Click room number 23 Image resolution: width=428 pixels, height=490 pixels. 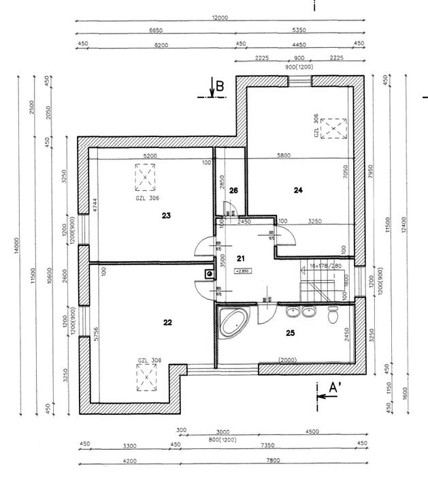166,215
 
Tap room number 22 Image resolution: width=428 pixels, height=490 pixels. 167,322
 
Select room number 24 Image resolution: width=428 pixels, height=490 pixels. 297,190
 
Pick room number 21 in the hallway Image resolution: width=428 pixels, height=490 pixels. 240,258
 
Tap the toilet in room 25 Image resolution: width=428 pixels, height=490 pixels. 333,316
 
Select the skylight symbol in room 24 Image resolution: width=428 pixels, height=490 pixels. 333,127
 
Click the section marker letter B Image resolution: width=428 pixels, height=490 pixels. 220,87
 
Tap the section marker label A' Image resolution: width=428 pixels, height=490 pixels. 335,388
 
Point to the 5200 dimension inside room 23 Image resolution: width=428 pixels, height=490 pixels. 150,156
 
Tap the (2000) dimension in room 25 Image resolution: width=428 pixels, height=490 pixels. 286,360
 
